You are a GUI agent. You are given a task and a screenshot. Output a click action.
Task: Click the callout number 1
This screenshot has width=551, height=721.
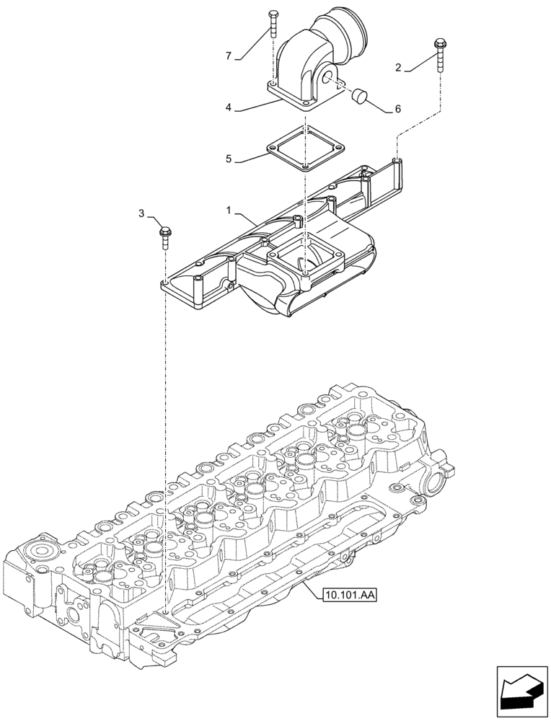[x=228, y=211]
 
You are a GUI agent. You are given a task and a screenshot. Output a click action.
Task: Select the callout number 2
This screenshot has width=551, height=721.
[x=398, y=68]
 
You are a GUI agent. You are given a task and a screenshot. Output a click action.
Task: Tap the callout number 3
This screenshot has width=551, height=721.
[x=142, y=213]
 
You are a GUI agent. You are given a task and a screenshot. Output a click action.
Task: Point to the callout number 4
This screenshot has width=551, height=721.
[x=228, y=108]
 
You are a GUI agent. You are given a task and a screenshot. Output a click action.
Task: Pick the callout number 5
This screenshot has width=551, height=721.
[x=229, y=158]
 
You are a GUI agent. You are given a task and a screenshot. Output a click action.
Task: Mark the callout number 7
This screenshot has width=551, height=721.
[x=228, y=56]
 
